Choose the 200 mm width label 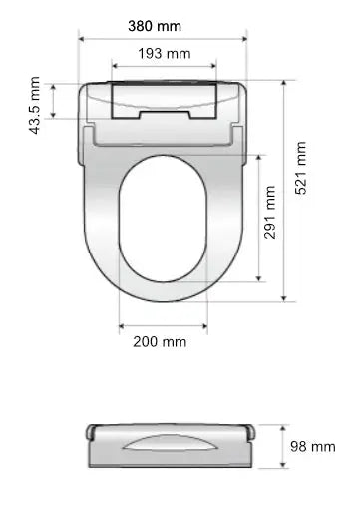(160, 342)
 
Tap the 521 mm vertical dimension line (285, 190)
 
